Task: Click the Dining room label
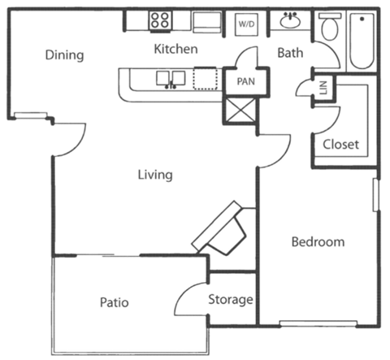coord(64,55)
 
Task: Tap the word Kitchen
coord(176,50)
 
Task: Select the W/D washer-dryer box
coord(245,24)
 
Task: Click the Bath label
coord(290,54)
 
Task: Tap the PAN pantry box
coord(246,81)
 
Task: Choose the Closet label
coord(340,145)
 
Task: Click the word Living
coord(154,174)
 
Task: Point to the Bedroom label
coord(318,241)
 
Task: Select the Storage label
coord(231,300)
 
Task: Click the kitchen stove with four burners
coord(160,20)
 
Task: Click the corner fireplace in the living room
coord(220,230)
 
